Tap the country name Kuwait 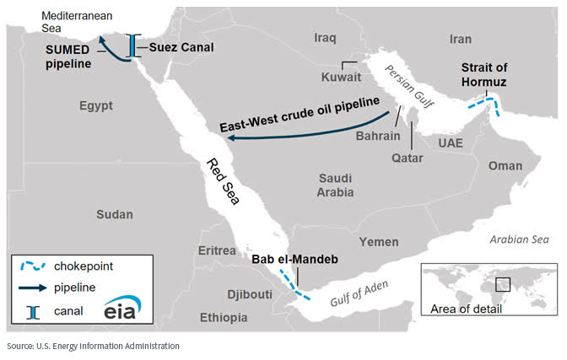[341, 77]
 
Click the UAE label [451, 142]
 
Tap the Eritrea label [215, 251]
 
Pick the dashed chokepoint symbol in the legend [33, 266]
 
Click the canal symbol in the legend [33, 311]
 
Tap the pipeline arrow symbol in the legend [33, 288]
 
